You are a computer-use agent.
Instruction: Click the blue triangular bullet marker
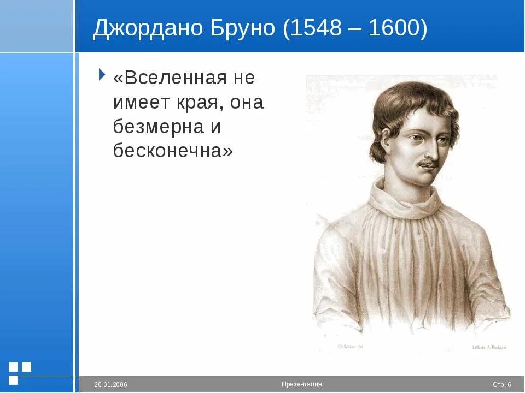[102, 74]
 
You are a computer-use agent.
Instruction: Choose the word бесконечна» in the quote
[173, 151]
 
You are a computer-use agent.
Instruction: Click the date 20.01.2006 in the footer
[110, 385]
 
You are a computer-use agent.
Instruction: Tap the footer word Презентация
[302, 384]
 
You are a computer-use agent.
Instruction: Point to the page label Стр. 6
[501, 385]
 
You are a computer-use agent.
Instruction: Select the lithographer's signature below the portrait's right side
[489, 347]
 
